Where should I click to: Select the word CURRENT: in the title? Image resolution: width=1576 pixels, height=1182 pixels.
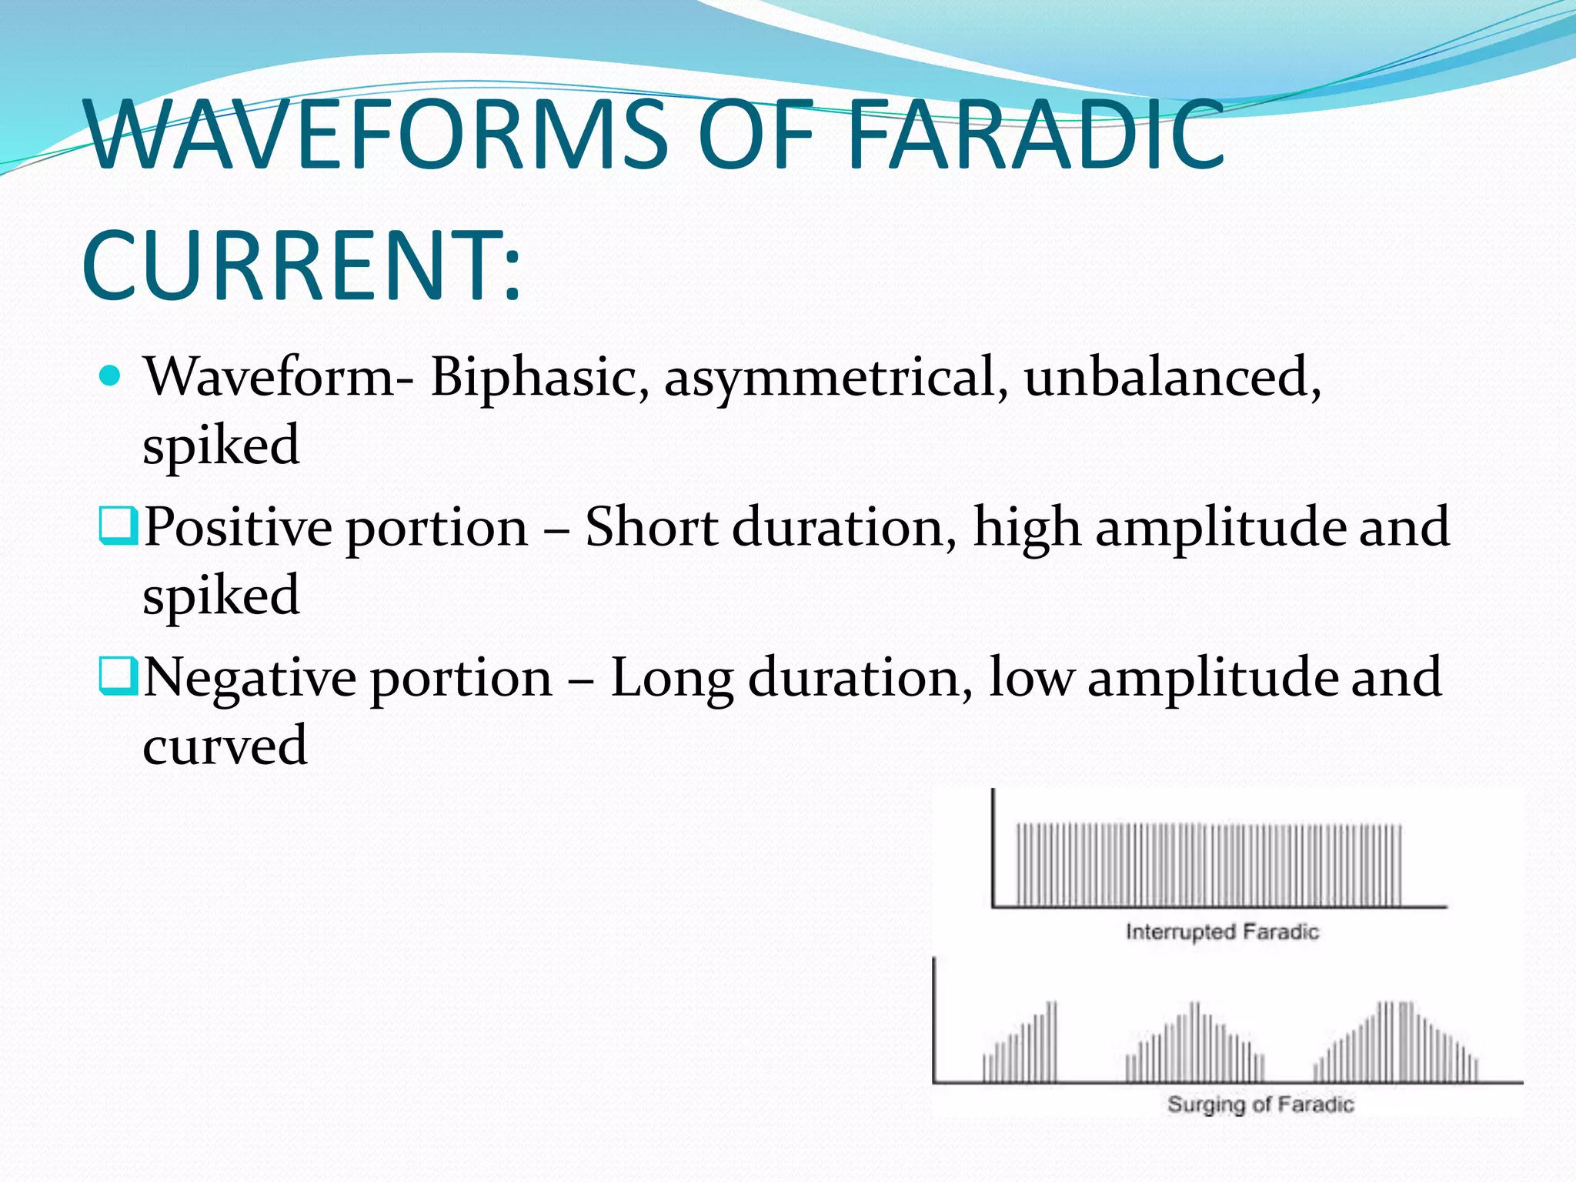click(302, 265)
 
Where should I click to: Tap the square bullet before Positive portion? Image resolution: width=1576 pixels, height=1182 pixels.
click(118, 526)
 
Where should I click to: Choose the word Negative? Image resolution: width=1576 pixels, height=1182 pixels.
click(251, 678)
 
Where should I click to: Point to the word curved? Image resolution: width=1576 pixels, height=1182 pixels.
click(225, 746)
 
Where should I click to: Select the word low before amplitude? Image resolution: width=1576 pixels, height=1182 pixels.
click(1031, 678)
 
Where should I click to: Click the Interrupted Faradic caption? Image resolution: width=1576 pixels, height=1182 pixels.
click(1222, 932)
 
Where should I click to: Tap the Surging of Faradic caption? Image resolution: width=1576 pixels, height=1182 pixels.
click(1260, 1104)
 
